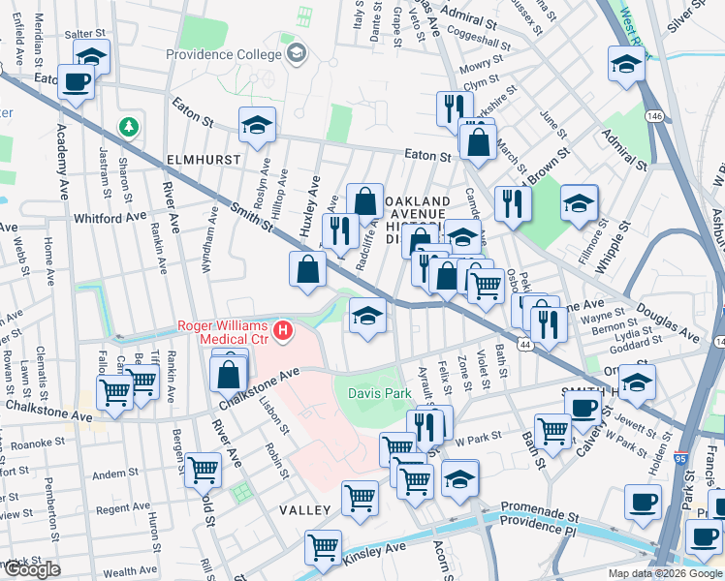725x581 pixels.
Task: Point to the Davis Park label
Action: pos(373,394)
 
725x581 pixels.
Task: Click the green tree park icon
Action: pos(128,126)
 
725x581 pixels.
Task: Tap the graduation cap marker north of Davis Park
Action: pos(367,316)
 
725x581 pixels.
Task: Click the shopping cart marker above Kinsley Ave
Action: pos(323,546)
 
